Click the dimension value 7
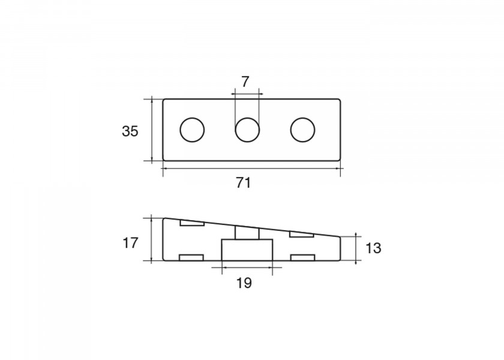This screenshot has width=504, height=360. tap(245, 82)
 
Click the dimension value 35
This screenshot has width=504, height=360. tap(130, 131)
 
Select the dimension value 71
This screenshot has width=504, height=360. tap(244, 183)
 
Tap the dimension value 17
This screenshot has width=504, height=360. tap(130, 243)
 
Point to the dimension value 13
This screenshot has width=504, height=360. tap(373, 248)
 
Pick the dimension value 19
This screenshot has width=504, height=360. tap(244, 283)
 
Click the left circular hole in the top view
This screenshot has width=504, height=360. tap(192, 130)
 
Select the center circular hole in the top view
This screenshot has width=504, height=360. tap(247, 130)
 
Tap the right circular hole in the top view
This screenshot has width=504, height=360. tap(302, 130)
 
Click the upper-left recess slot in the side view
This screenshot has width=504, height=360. tap(192, 223)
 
